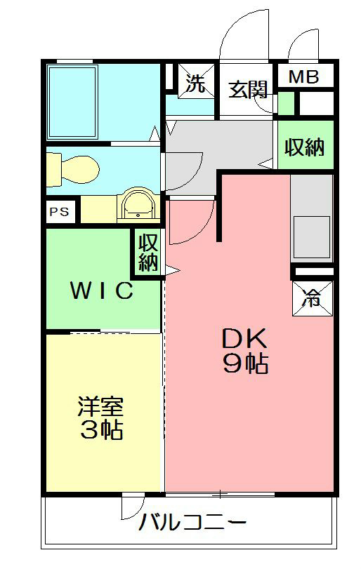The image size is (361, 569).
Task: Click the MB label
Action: click(x=304, y=77)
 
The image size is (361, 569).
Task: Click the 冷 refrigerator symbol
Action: click(x=310, y=297)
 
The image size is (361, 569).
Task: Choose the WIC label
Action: click(x=101, y=290)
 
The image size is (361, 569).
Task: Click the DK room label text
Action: click(x=245, y=340)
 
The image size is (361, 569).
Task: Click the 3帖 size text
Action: click(x=100, y=429)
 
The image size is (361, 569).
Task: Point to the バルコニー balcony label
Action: click(x=192, y=523)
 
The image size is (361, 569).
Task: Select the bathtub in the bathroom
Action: click(x=72, y=101)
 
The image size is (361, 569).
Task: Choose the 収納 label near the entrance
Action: click(x=304, y=148)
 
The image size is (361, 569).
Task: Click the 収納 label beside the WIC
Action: click(x=147, y=253)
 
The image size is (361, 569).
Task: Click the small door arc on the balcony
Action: click(x=133, y=508)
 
